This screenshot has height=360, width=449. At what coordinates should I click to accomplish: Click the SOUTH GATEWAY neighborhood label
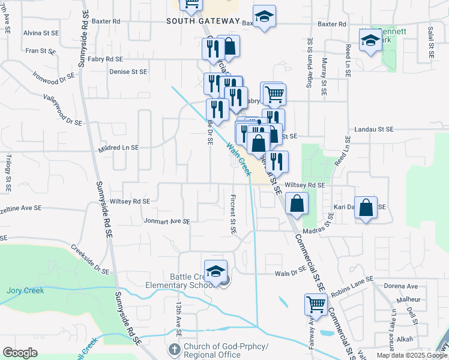203,21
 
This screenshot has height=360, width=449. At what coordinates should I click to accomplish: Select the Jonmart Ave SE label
167,221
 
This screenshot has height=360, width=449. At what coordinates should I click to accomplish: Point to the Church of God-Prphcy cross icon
174,349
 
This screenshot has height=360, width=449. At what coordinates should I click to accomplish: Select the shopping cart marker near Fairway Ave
316,304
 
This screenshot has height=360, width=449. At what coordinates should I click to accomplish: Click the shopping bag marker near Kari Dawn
366,208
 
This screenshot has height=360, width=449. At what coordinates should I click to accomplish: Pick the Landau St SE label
373,129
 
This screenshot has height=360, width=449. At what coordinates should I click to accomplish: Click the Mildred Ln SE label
118,147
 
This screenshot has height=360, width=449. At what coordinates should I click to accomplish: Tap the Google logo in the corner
20,353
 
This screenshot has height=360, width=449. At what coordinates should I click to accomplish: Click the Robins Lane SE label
351,280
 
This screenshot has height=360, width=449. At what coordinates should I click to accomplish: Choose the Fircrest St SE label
232,214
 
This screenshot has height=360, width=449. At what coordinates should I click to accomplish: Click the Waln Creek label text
238,158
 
